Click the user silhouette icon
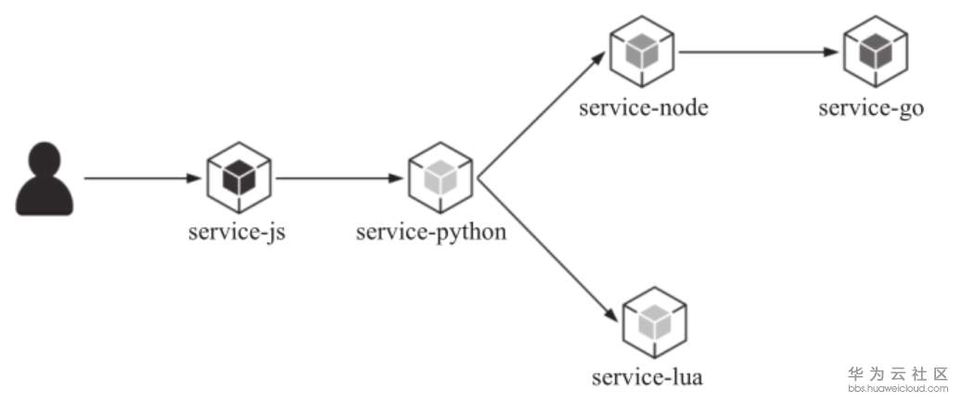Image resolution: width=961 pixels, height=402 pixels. pyautogui.click(x=45, y=180)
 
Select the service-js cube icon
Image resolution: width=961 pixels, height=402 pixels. pyautogui.click(x=237, y=178)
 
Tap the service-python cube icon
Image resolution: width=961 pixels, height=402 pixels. pyautogui.click(x=441, y=178)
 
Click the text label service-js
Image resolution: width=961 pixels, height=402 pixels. pyautogui.click(x=237, y=232)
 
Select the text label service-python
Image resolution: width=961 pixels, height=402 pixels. pyautogui.click(x=431, y=232)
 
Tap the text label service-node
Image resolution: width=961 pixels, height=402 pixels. pyautogui.click(x=644, y=107)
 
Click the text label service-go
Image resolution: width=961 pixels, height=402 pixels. pyautogui.click(x=871, y=107)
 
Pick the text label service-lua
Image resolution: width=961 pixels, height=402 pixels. pyautogui.click(x=647, y=378)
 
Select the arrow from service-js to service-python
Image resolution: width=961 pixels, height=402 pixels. pyautogui.click(x=340, y=178)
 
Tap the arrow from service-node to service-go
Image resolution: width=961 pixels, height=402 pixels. pyautogui.click(x=757, y=53)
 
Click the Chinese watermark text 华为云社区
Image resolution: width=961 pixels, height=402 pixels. pyautogui.click(x=899, y=374)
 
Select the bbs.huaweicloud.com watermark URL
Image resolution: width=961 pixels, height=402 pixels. pyautogui.click(x=899, y=390)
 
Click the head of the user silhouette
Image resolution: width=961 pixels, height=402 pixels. pyautogui.click(x=45, y=158)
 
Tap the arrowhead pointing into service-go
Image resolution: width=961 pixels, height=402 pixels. pyautogui.click(x=832, y=53)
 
